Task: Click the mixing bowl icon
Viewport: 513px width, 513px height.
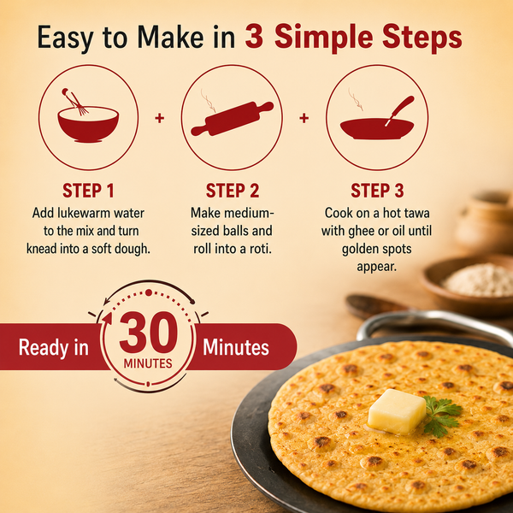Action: (88, 121)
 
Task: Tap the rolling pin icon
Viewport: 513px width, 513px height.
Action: (233, 119)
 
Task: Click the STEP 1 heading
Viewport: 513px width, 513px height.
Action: (88, 191)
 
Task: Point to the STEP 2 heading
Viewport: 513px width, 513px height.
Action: (233, 191)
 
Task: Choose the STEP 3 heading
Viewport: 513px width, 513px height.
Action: (377, 191)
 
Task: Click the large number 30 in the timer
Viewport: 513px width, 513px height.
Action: (149, 333)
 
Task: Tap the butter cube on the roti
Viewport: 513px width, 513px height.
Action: (397, 411)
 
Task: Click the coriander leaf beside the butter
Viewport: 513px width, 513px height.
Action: (441, 415)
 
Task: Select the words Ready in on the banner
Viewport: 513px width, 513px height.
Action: (53, 347)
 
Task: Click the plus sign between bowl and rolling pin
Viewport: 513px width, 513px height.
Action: (159, 118)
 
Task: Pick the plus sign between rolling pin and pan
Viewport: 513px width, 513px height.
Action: (304, 118)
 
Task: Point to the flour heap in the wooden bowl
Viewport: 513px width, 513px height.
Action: (478, 280)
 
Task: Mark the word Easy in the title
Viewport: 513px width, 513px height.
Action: (66, 38)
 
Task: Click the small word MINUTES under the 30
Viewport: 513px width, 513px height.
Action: (148, 363)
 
